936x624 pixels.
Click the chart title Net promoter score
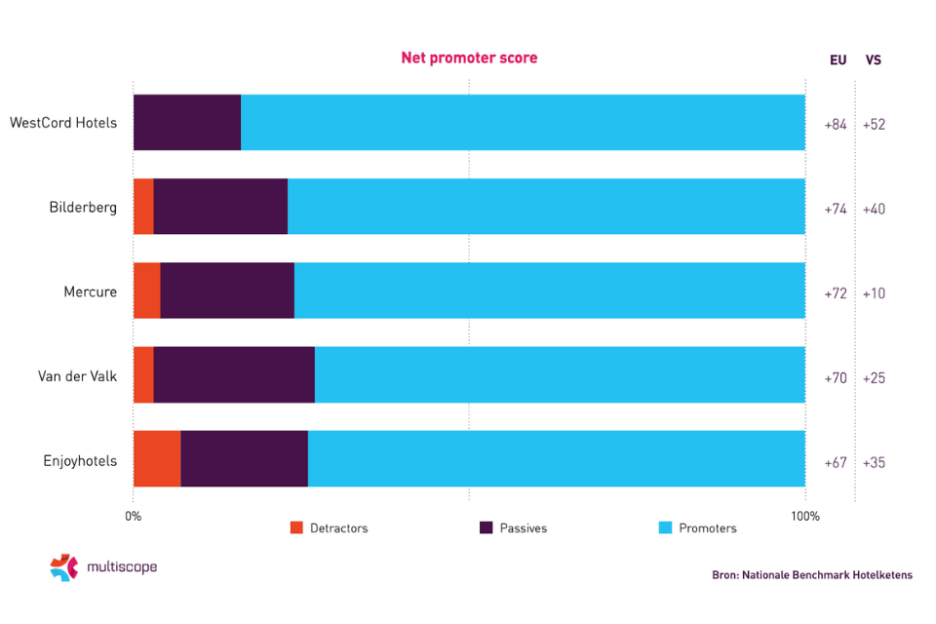(x=469, y=58)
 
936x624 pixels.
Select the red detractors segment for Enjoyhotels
(x=157, y=458)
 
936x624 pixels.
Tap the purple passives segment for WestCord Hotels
(x=187, y=122)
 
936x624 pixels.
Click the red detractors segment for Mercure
(x=146, y=291)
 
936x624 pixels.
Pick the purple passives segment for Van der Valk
(x=234, y=374)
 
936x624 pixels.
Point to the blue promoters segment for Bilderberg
(x=546, y=207)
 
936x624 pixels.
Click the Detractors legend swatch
(x=297, y=527)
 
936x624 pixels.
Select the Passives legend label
(x=524, y=528)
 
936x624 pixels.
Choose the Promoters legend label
(x=708, y=528)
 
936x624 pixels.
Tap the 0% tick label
(x=134, y=516)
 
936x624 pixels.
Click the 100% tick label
(x=804, y=516)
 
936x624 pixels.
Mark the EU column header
(x=838, y=60)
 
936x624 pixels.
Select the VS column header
(x=874, y=60)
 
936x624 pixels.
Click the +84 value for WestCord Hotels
(x=836, y=125)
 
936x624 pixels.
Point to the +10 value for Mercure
(x=874, y=293)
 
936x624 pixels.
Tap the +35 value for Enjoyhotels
(x=874, y=462)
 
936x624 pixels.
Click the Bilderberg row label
(x=83, y=208)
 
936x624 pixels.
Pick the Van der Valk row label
(x=77, y=376)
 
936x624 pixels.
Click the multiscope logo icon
(x=63, y=567)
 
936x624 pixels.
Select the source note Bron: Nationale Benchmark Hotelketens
(x=812, y=575)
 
